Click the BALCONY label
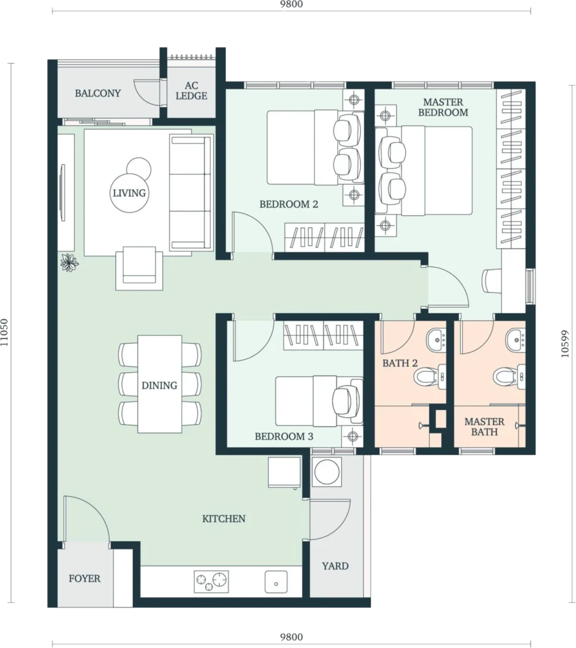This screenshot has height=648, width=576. point(98,94)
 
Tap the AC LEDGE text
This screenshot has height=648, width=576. point(191,91)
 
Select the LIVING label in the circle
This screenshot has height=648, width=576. point(129,193)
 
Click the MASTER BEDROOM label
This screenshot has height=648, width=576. point(443,107)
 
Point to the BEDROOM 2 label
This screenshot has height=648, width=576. point(289,204)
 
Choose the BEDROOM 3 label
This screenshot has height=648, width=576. point(284,437)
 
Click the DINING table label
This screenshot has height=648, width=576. point(160,385)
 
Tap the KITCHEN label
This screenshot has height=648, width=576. point(223,519)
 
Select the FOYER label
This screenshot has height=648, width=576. point(85,578)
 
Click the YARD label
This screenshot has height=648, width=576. point(335,566)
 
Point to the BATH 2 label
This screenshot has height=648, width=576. point(400,363)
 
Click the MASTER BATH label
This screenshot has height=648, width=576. point(484,427)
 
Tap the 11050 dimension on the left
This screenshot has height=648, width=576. point(4,332)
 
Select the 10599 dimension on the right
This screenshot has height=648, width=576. point(565,344)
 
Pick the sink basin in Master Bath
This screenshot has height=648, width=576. point(516,340)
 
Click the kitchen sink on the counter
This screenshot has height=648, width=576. point(276,582)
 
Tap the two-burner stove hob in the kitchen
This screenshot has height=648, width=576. point(211,581)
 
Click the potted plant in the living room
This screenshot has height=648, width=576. point(70,263)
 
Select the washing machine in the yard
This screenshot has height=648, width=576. point(327,471)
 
